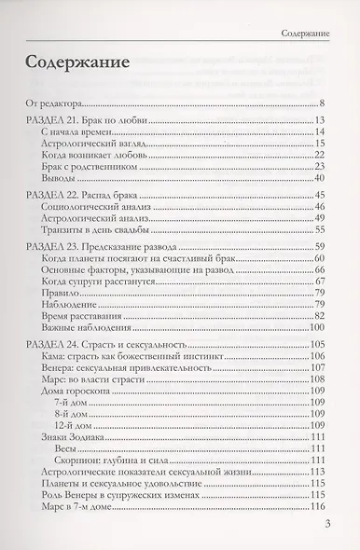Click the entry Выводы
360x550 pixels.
61,177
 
